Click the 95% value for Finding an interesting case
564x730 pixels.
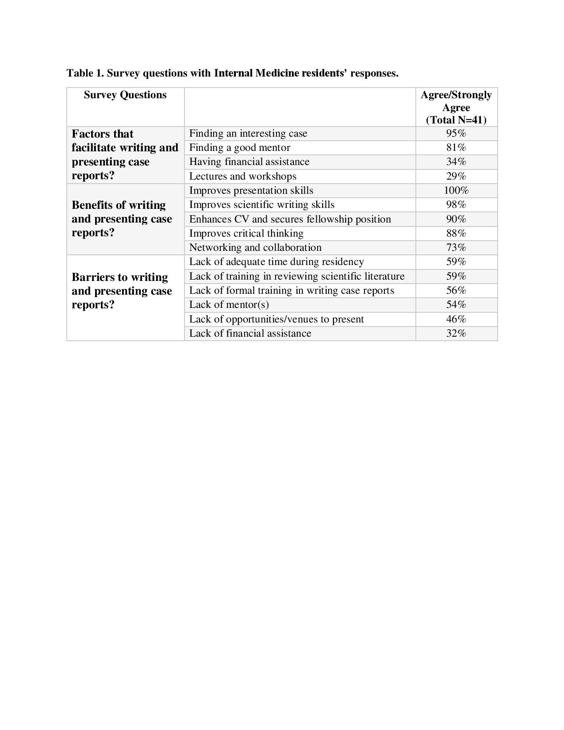(456, 134)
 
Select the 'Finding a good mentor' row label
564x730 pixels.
(239, 148)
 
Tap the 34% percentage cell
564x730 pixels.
(456, 162)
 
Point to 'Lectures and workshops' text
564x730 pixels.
(242, 177)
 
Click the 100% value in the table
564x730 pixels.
(456, 191)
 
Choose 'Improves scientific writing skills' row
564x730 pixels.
(261, 205)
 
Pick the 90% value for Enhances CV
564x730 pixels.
(456, 219)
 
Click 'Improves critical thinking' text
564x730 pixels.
(246, 234)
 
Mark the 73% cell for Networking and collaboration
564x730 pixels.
(456, 248)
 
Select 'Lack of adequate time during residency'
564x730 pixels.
(276, 262)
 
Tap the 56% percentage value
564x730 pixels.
(456, 291)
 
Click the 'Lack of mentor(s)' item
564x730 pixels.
(229, 305)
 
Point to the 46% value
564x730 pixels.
(456, 319)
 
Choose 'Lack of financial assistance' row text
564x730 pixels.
(250, 334)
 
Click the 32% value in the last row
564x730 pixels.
(456, 334)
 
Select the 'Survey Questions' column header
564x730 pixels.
(125, 95)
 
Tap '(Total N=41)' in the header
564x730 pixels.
(456, 120)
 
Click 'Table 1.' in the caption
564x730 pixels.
(85, 73)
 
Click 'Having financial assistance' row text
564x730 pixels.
(249, 162)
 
